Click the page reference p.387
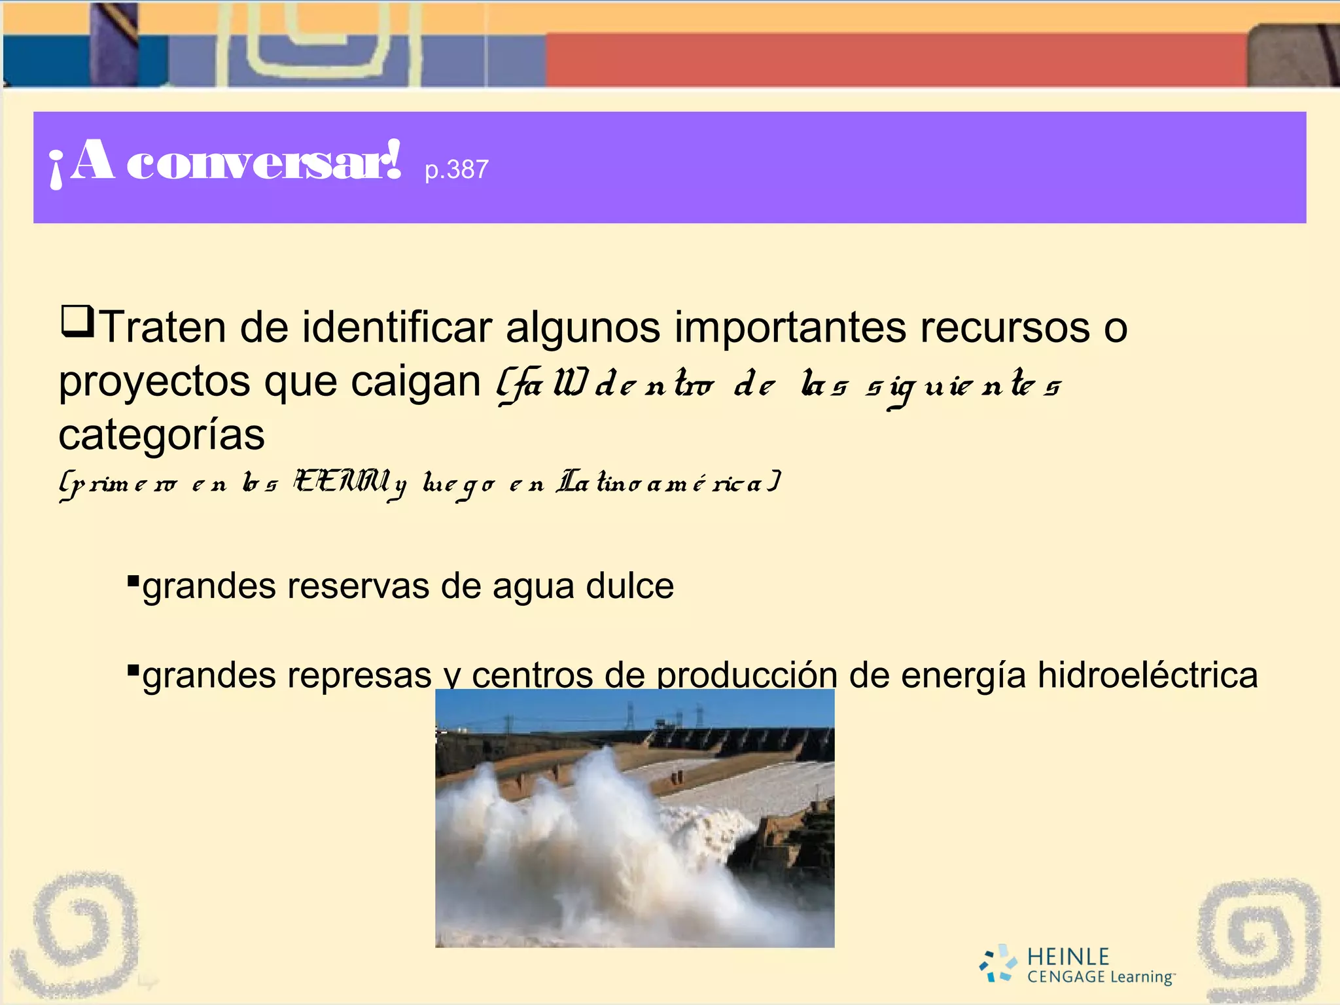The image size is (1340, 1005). tap(456, 170)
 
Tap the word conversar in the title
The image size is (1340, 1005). tap(263, 162)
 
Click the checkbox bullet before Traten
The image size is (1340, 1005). tap(77, 322)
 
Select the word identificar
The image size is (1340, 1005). tap(396, 327)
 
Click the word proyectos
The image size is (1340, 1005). tap(154, 381)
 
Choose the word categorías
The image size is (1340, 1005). tap(162, 435)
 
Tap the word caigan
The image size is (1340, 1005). tap(416, 381)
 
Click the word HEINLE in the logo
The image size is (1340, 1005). tap(1068, 957)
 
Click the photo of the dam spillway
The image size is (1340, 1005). tap(635, 818)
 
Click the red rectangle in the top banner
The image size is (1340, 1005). tap(896, 60)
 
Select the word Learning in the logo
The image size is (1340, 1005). tap(1142, 978)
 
